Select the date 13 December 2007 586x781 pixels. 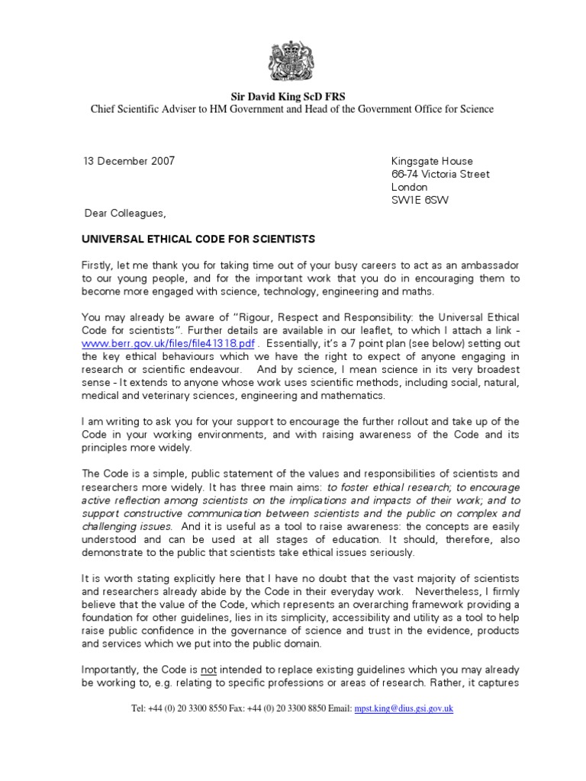point(129,161)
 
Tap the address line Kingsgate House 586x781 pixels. point(432,161)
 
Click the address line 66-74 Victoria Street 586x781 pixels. point(439,174)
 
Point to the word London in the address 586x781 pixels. point(409,187)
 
